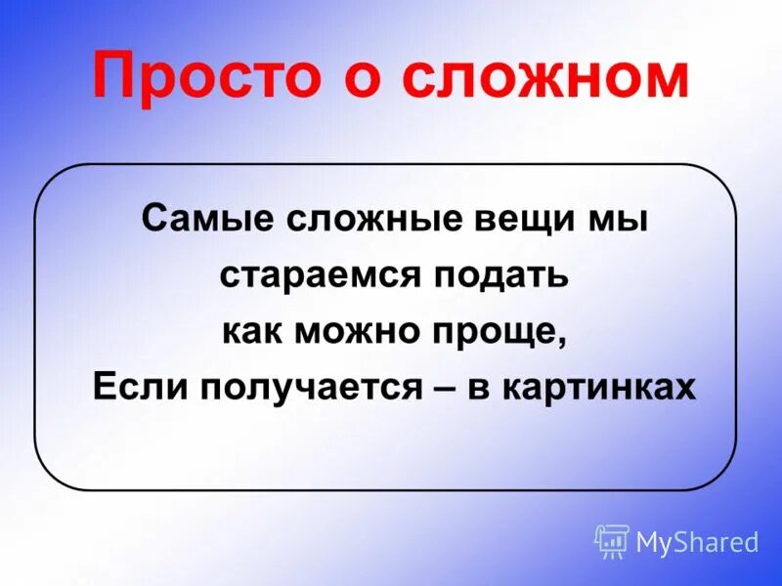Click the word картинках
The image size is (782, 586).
[x=600, y=388]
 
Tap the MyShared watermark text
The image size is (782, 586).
[x=697, y=542]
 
